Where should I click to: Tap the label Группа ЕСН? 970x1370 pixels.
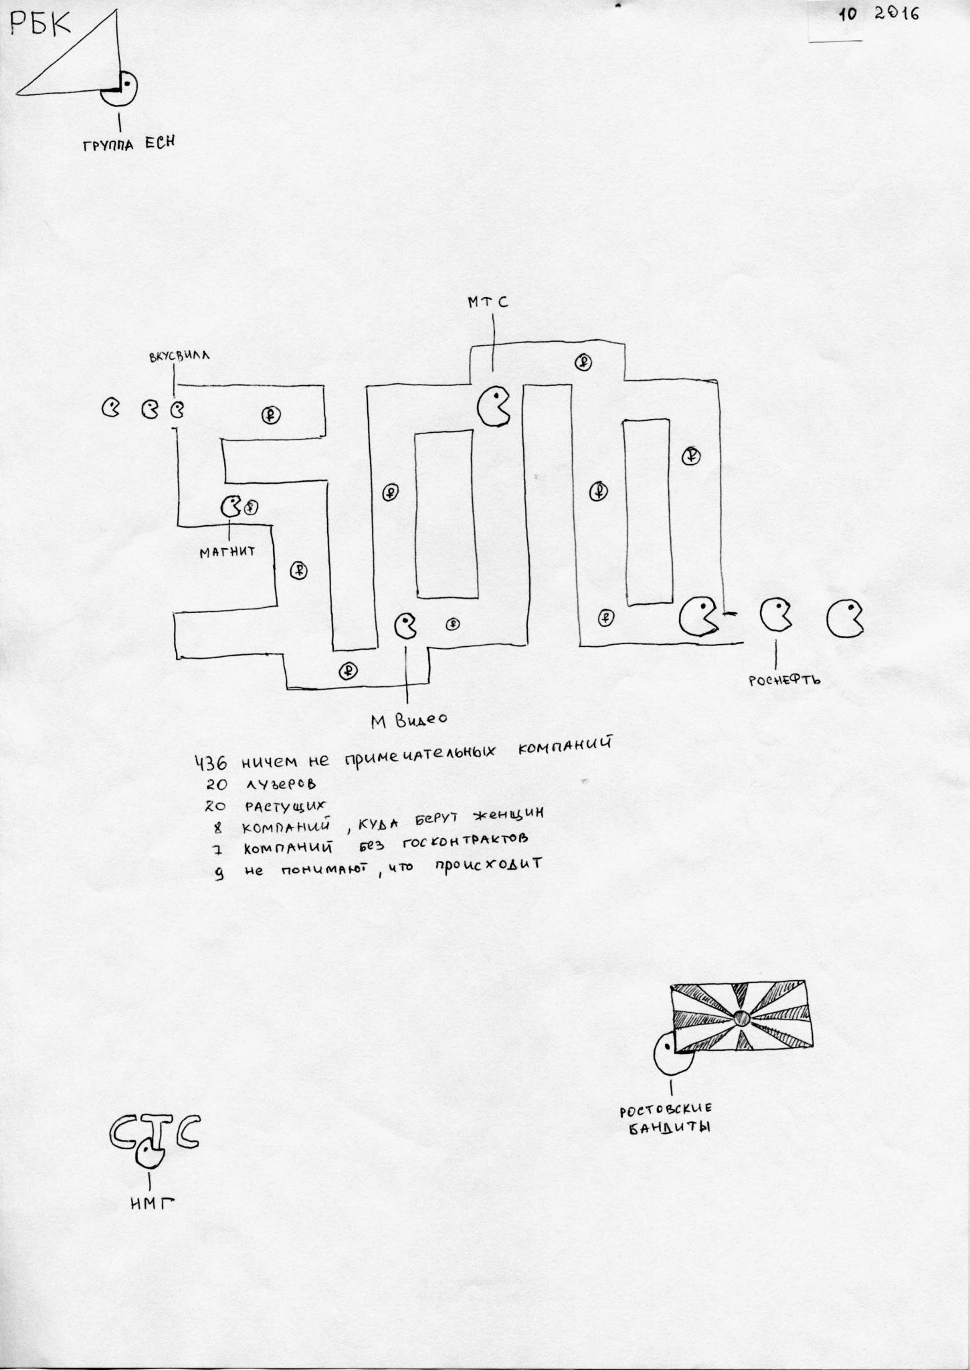coord(128,144)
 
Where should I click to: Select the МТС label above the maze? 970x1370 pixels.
coord(488,302)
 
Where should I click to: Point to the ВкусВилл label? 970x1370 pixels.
coord(179,357)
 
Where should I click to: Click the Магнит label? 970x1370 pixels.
coord(227,553)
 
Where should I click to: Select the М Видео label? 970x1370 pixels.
coord(408,720)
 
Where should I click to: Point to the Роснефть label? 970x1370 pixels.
coord(785,680)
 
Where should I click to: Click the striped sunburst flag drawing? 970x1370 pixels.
coord(742,1018)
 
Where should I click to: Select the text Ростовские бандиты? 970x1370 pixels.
coord(665,1119)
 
